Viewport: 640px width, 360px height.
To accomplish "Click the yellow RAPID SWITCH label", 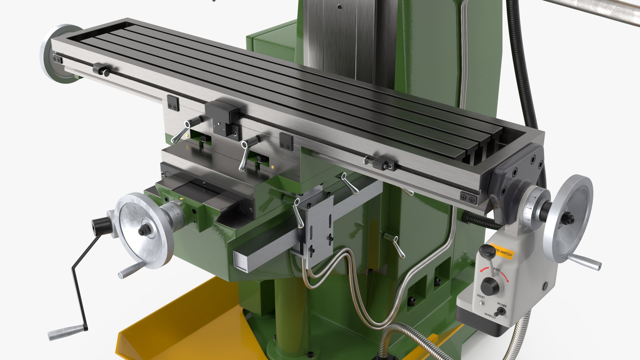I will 503,253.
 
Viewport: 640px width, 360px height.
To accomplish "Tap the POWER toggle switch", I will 499,312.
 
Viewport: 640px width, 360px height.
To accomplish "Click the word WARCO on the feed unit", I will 490,315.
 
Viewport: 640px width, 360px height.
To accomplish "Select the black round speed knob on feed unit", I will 490,286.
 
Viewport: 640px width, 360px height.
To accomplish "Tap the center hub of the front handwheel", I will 144,230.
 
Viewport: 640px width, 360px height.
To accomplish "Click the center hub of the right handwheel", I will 567,219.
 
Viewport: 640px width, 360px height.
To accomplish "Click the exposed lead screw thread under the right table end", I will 480,220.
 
